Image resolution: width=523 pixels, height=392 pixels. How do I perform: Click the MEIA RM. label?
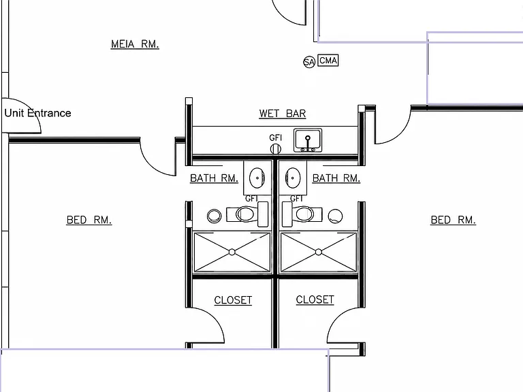click(x=135, y=44)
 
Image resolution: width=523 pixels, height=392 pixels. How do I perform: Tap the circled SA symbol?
click(x=309, y=62)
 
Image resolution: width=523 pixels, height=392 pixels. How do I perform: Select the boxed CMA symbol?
click(x=328, y=61)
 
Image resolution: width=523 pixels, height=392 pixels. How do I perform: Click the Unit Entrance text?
click(x=37, y=113)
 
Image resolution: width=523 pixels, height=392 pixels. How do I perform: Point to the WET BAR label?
click(x=282, y=114)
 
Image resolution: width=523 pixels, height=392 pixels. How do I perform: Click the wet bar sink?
click(x=308, y=140)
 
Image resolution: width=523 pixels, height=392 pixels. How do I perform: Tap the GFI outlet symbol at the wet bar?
click(x=276, y=148)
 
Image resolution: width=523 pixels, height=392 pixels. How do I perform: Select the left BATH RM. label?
click(x=214, y=178)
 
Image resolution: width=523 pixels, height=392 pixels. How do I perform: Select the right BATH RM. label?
click(x=336, y=178)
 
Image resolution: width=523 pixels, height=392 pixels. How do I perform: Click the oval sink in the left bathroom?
click(x=257, y=178)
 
